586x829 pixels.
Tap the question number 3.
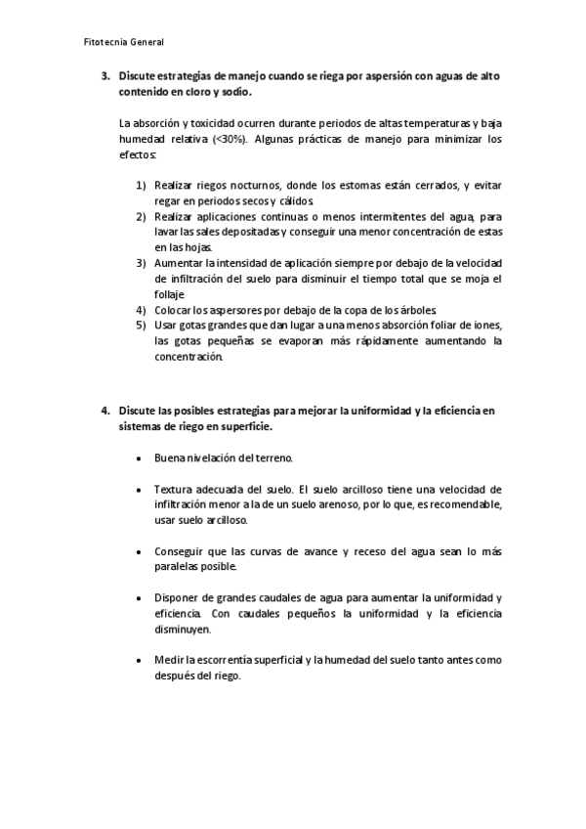105,75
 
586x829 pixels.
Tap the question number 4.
105,411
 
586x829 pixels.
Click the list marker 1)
141,185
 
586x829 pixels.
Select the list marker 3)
141,263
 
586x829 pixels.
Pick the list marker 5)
141,325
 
